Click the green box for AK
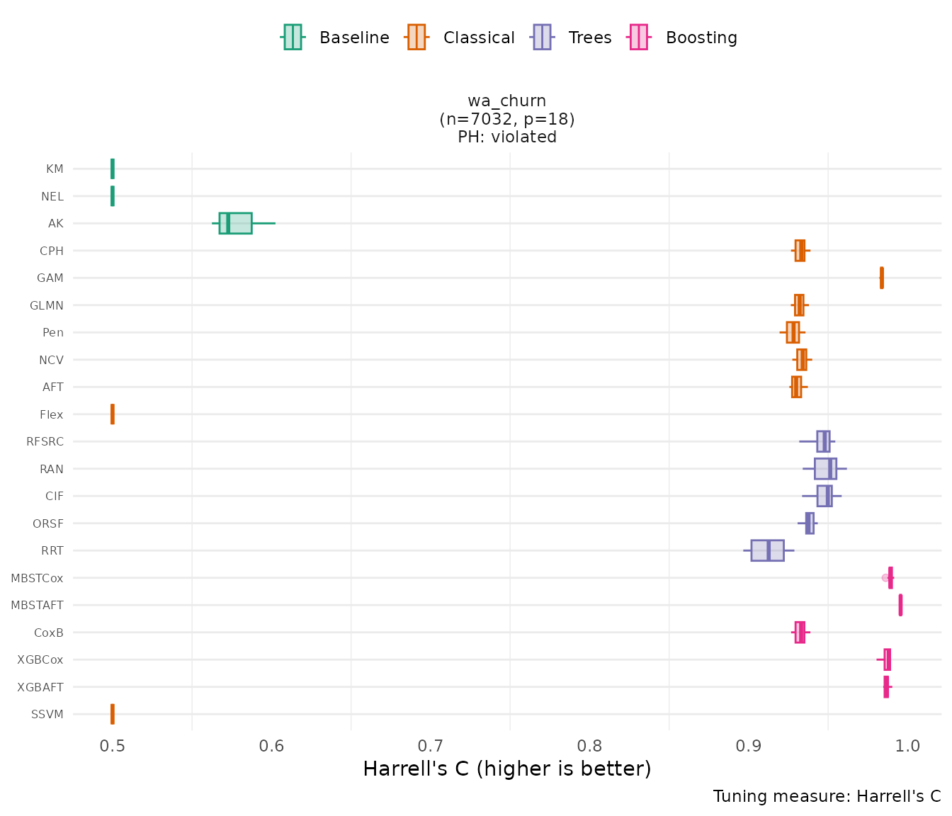pos(235,223)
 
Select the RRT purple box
pos(767,550)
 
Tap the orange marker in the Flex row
pos(113,414)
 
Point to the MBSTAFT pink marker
pos(900,605)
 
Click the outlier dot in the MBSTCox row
pos(885,578)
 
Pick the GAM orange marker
pos(881,278)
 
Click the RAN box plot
pos(825,469)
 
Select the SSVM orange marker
pos(113,714)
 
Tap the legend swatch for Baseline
pos(293,38)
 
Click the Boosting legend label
pos(701,38)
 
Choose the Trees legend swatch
pos(542,38)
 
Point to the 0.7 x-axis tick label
pos(431,746)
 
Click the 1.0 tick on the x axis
pos(908,746)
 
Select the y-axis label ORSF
pos(48,523)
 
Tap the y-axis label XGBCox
pos(40,659)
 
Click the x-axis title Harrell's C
pos(506,769)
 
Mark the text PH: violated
pos(507,137)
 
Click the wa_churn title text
pos(507,101)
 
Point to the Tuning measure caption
pos(827,796)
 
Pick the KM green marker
pos(113,169)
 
